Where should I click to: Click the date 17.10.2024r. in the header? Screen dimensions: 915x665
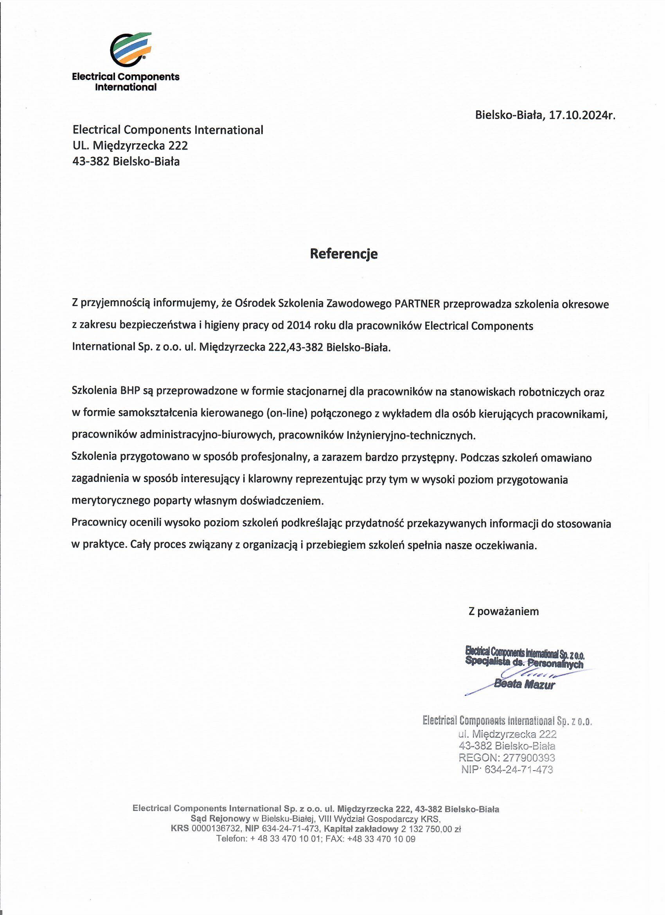[582, 115]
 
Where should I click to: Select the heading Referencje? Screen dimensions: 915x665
[343, 254]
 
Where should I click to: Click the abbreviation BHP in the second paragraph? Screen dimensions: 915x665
[130, 391]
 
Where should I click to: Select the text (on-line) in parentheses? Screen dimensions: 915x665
[287, 414]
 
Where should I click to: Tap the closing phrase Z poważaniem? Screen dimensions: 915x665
[503, 611]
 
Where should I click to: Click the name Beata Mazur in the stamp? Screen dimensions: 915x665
[524, 684]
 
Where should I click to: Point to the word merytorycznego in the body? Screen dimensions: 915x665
[111, 501]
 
